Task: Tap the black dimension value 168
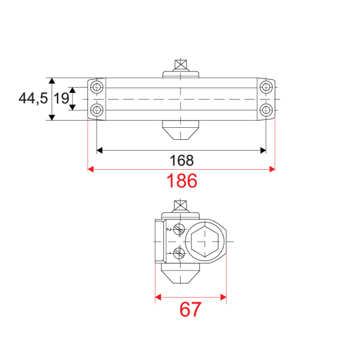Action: click(x=181, y=160)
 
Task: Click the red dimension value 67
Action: click(x=190, y=310)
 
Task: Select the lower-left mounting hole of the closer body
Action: click(x=97, y=109)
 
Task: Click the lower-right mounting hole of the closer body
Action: click(x=266, y=109)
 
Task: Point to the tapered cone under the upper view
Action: click(x=180, y=130)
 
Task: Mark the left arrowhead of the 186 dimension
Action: click(x=91, y=170)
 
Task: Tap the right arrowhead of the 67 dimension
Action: click(x=223, y=296)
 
